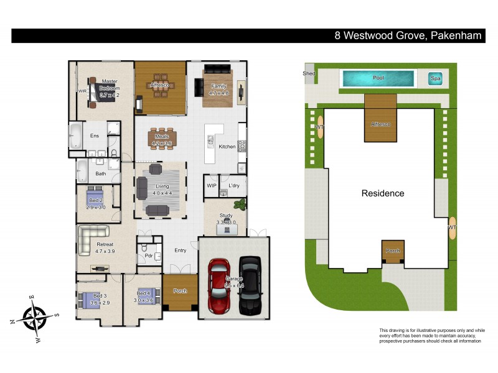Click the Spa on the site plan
[x=435, y=79]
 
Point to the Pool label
[x=378, y=78]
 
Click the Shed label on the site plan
[x=309, y=73]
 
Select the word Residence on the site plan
[x=383, y=193]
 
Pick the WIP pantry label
[x=211, y=186]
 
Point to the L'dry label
[x=234, y=186]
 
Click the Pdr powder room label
[x=149, y=255]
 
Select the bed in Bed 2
[x=95, y=195]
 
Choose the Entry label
[x=180, y=251]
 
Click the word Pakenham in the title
[x=456, y=35]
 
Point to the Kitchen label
[x=227, y=147]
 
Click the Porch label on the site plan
[x=393, y=251]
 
